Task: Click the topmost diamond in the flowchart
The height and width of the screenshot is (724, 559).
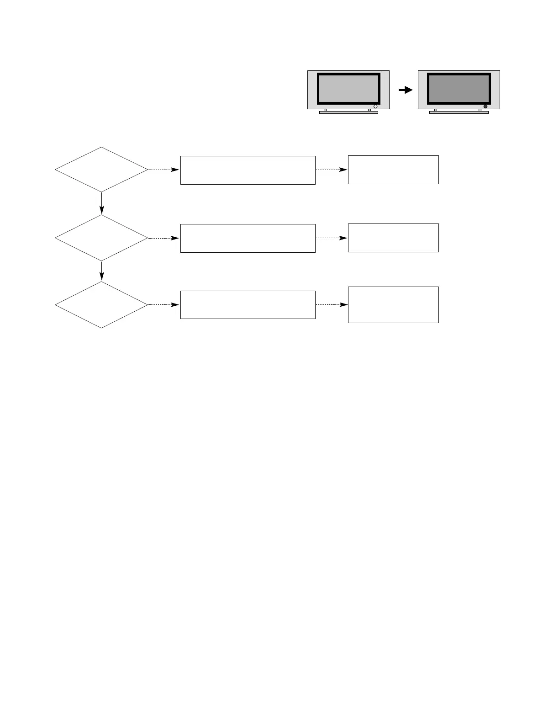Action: click(101, 170)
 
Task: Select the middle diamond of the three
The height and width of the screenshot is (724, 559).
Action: click(101, 238)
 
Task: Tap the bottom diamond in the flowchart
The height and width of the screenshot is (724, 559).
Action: click(101, 304)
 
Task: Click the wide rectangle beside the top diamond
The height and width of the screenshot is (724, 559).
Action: click(248, 170)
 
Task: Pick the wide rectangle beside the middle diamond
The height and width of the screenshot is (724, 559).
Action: click(248, 238)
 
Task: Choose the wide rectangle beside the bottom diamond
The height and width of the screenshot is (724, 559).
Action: click(248, 304)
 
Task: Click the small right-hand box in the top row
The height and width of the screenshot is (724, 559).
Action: click(393, 170)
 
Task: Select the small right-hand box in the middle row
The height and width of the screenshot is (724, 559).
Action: click(393, 238)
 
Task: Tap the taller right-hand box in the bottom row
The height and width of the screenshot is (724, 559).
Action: click(393, 305)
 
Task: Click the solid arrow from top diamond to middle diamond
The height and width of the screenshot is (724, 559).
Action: click(101, 203)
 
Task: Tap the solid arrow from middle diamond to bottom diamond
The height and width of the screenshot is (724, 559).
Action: click(101, 271)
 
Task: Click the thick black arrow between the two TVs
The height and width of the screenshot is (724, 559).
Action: click(405, 90)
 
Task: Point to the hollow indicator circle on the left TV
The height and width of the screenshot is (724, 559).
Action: click(375, 106)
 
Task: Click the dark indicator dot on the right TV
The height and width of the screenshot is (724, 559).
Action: click(485, 106)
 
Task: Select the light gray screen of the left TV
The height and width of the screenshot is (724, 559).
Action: click(348, 88)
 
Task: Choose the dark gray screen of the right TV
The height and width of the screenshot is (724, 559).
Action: click(459, 88)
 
